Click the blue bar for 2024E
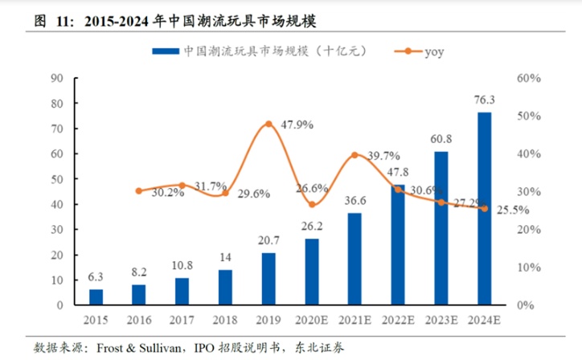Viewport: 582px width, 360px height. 485,209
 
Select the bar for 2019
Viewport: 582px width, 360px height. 268,279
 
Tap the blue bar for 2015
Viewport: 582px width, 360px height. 96,297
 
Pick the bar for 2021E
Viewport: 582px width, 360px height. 355,259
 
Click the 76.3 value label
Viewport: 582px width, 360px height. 485,100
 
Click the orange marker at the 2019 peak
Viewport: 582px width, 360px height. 268,124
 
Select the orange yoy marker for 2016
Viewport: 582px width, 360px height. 139,190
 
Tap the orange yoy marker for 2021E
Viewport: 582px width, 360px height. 355,154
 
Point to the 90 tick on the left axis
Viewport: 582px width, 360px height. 56,79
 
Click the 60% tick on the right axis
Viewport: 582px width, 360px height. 529,79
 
